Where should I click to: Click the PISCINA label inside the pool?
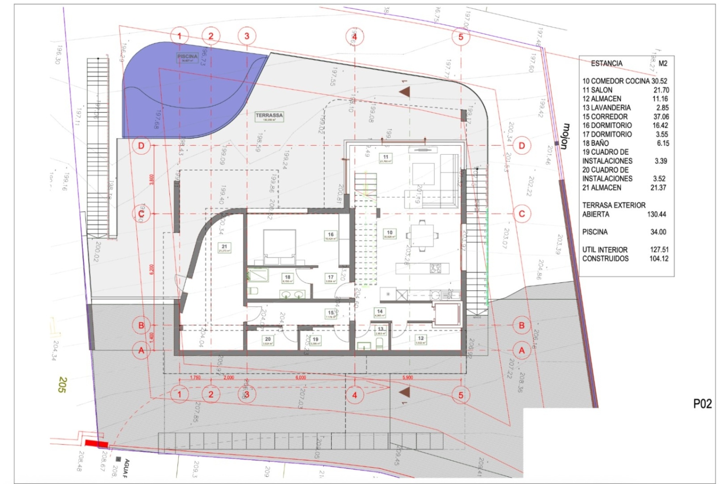tap(187, 57)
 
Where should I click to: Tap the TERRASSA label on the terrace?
tap(269, 116)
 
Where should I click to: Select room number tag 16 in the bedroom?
tap(330, 236)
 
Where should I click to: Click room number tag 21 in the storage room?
tap(224, 248)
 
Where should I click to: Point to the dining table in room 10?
tap(422, 236)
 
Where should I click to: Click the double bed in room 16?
tap(279, 247)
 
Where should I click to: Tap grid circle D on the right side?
tap(521, 146)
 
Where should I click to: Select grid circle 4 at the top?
tap(354, 37)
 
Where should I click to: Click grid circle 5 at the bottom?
tap(461, 395)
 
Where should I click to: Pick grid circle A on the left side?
tap(141, 351)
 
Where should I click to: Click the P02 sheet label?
tap(702, 404)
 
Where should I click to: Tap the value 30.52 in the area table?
tap(659, 81)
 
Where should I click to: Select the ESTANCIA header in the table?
tap(607, 63)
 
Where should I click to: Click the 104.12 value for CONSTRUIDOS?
tap(659, 259)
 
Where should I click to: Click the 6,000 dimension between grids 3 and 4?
tap(301, 377)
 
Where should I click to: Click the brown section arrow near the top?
tap(405, 92)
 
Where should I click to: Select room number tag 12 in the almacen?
tap(421, 339)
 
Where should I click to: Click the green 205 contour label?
tap(62, 385)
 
